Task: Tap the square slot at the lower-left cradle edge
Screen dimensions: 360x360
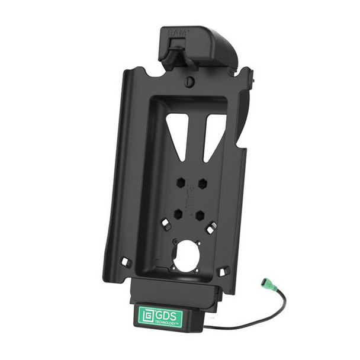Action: [x=125, y=261]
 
